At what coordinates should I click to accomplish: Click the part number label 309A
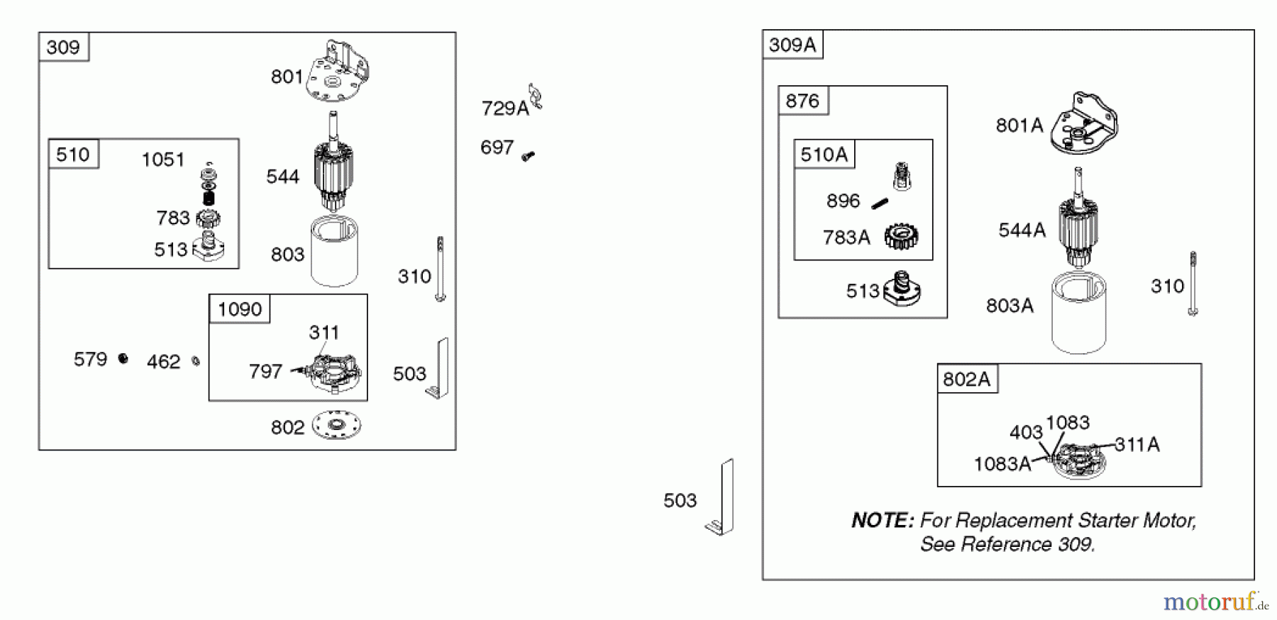tap(792, 45)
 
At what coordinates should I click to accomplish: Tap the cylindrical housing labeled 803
tap(334, 252)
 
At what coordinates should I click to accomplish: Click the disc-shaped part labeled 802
tap(336, 426)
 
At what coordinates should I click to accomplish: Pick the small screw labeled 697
tap(528, 155)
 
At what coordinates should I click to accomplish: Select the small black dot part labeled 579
tap(123, 359)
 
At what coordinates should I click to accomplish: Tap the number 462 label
tap(163, 362)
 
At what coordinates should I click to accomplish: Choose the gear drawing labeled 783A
tap(902, 236)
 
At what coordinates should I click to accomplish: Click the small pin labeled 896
tap(880, 204)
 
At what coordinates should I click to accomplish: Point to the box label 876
tap(802, 101)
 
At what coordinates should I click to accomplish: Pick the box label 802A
tap(966, 380)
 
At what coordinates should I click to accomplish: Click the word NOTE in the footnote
tap(882, 521)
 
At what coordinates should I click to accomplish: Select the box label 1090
tap(240, 309)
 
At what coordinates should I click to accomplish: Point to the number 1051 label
tap(163, 160)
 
